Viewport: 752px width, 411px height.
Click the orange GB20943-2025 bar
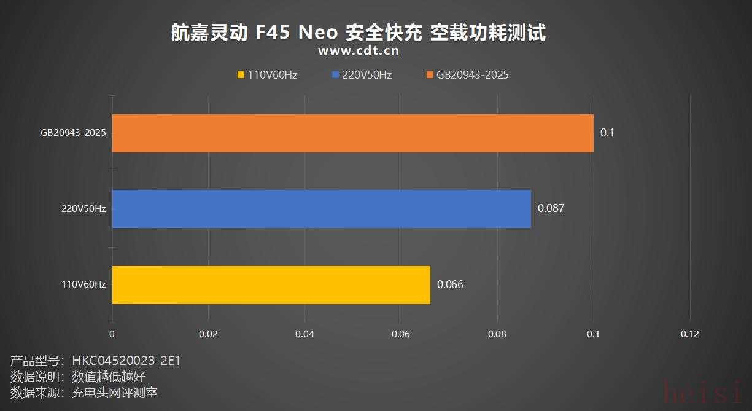click(x=352, y=133)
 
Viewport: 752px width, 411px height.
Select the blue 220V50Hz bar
click(x=321, y=209)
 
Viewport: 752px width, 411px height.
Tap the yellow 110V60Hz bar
click(x=271, y=285)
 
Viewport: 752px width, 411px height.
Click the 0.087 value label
click(x=551, y=208)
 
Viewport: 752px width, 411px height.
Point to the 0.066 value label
click(x=450, y=284)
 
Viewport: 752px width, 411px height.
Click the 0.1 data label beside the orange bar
click(x=607, y=133)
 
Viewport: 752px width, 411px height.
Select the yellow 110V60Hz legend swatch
click(x=241, y=75)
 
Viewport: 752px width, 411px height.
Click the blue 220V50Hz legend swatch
click(x=335, y=75)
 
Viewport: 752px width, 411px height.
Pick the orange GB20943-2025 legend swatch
click(x=430, y=75)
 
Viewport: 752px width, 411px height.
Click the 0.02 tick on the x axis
click(x=208, y=334)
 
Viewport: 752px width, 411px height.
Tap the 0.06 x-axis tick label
click(x=401, y=334)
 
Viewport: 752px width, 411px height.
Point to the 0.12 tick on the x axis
click(x=689, y=334)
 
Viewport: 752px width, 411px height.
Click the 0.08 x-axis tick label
click(x=497, y=334)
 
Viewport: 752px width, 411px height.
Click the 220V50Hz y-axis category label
click(x=83, y=209)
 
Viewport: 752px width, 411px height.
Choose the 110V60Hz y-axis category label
click(x=83, y=284)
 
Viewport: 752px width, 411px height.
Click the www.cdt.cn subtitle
click(x=359, y=51)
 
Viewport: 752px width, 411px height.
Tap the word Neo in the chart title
click(x=317, y=33)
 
